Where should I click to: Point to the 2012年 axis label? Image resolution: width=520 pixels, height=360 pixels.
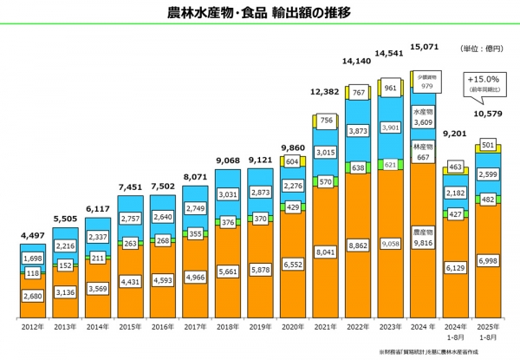(33, 328)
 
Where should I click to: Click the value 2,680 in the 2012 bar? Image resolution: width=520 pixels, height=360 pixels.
(34, 297)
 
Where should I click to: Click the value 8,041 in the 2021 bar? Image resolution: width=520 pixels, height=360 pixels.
(326, 253)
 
